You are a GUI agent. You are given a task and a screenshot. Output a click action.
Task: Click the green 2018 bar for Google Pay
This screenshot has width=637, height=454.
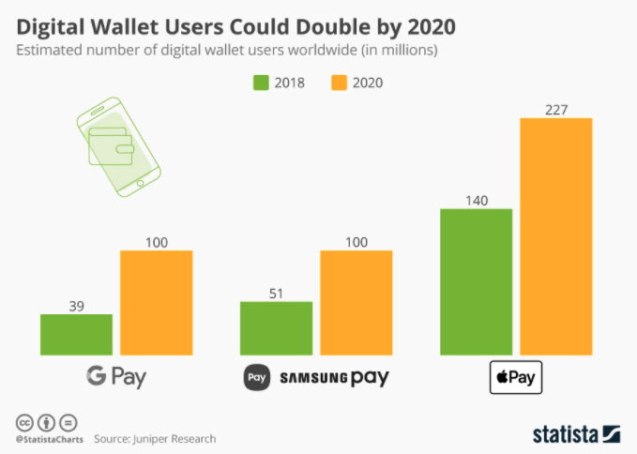pos(76,335)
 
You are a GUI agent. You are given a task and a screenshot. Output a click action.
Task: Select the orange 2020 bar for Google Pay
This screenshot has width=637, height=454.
pos(156,303)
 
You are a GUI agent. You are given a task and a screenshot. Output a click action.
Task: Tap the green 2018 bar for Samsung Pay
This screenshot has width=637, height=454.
pos(276,328)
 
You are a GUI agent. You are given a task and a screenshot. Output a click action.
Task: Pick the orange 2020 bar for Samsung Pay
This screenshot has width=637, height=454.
pos(356,303)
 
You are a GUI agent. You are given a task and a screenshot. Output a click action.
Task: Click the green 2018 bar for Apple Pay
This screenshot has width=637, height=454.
pos(476,282)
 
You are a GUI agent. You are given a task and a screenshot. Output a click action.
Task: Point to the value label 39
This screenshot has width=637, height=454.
pos(76,305)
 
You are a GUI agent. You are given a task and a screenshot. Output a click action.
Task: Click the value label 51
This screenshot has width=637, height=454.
pos(276,292)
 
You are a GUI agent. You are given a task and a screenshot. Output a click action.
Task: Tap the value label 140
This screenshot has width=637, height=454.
pos(476,199)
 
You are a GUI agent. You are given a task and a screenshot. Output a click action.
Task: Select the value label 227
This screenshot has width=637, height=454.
pos(556,109)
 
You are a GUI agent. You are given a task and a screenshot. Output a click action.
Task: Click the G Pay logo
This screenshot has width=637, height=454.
pos(116,378)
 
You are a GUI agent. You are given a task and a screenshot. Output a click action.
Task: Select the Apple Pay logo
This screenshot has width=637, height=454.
pos(516,379)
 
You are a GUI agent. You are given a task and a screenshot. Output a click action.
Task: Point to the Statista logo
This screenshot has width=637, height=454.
pos(576,433)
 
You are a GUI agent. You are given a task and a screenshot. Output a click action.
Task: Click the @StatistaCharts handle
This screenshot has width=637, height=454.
pos(49,438)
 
